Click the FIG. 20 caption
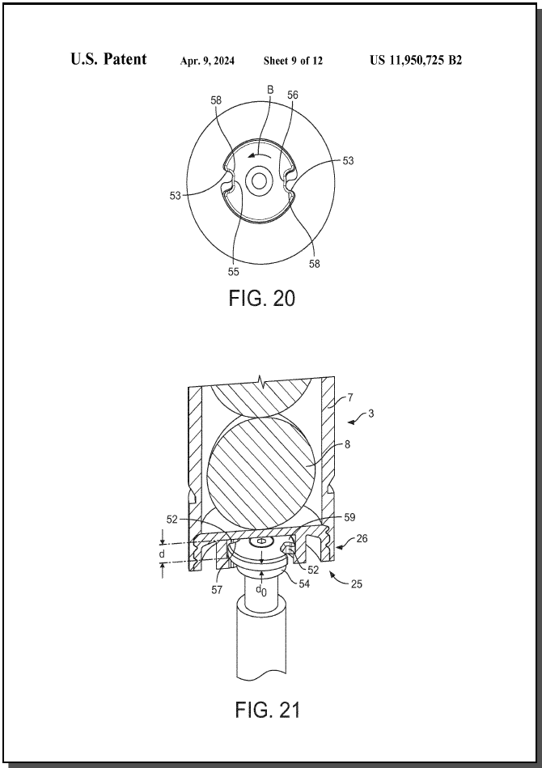tap(262, 299)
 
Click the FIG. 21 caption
tap(267, 710)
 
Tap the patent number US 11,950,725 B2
tap(416, 60)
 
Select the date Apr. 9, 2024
tap(207, 61)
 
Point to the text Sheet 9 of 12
tap(293, 61)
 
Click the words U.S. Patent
tap(108, 59)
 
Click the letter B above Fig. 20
tap(269, 90)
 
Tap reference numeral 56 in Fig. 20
tap(292, 95)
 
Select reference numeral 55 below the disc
tap(234, 272)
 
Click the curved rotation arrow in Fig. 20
tap(260, 155)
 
